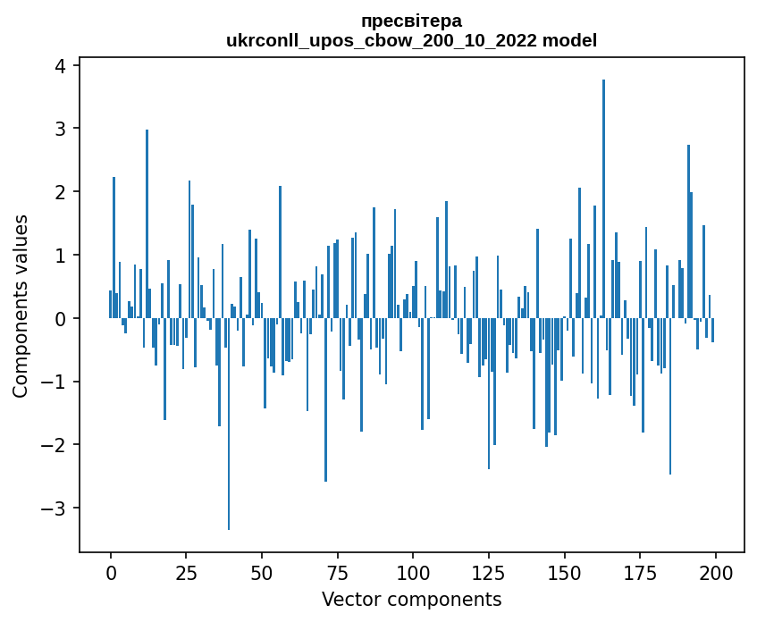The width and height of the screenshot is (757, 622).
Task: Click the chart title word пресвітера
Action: pos(412,21)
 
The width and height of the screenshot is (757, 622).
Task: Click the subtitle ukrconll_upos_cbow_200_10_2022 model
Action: pos(412,40)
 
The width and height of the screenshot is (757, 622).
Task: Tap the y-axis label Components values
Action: pos(20,306)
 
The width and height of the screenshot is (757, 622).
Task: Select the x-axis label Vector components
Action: pos(411,599)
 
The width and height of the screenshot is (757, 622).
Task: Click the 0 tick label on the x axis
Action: pos(111,572)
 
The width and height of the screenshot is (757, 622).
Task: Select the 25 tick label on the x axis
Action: pos(186,572)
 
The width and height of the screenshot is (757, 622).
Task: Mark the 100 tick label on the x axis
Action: pos(413,572)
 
